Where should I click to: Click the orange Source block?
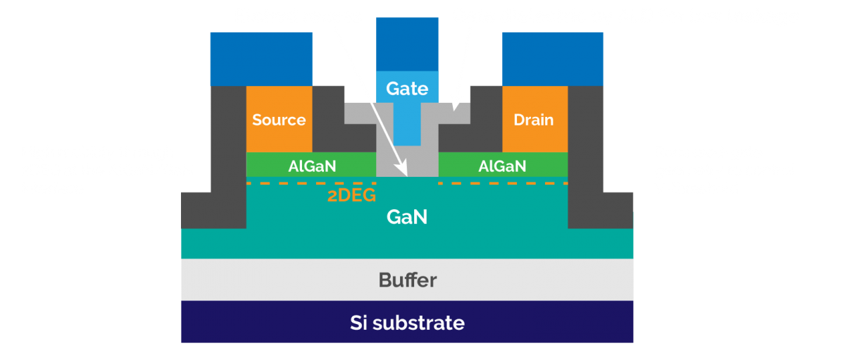(279, 119)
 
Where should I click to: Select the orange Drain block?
(534, 119)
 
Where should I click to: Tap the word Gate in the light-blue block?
(407, 88)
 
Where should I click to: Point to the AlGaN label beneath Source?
(311, 166)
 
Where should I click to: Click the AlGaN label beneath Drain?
(501, 166)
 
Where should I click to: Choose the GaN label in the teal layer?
(407, 217)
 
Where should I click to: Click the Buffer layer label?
(407, 280)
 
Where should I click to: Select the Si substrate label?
(407, 323)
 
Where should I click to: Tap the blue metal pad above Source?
(261, 58)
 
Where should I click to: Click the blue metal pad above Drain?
(553, 58)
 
